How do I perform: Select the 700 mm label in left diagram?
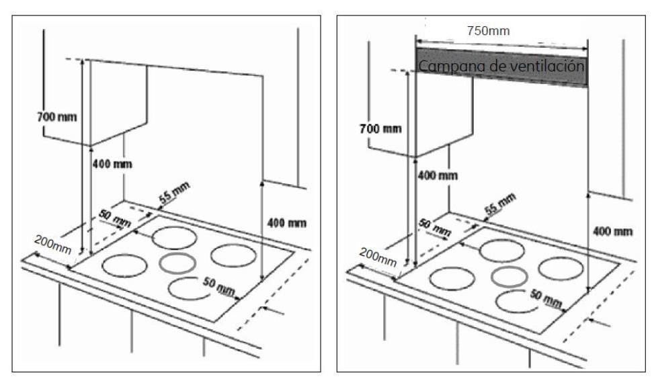[56, 117]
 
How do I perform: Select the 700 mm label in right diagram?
[380, 128]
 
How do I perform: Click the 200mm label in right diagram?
[378, 255]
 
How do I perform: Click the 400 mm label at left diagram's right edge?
[287, 222]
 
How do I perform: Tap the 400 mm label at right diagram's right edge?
[613, 231]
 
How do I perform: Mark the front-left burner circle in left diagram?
[125, 265]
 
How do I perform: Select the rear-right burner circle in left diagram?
[232, 255]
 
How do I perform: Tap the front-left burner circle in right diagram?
[452, 277]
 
